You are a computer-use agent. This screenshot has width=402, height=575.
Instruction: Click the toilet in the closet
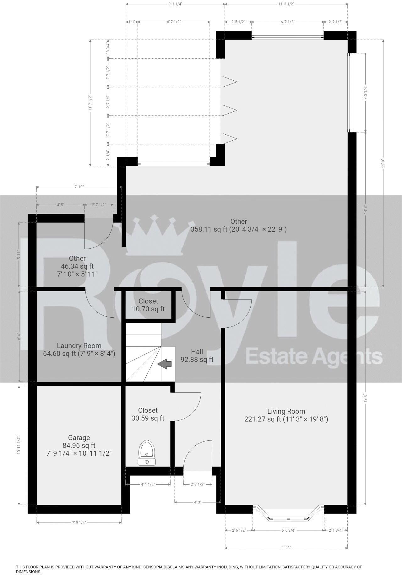[x=147, y=453]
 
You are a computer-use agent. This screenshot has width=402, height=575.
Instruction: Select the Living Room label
[x=286, y=411]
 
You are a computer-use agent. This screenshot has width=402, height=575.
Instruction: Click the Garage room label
[x=79, y=438]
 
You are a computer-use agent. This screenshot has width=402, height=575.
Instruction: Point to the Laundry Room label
[x=79, y=346]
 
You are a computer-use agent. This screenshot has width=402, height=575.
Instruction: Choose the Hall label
[x=197, y=352]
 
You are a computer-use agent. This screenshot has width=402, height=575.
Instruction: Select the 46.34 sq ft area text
[x=77, y=266]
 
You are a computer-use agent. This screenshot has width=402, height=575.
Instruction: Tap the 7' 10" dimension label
[x=79, y=187]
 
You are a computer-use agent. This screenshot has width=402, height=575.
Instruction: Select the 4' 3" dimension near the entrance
[x=197, y=502]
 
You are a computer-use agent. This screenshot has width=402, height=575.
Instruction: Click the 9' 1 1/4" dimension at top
[x=175, y=4]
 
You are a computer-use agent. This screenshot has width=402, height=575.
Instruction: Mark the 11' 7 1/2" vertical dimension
[x=90, y=103]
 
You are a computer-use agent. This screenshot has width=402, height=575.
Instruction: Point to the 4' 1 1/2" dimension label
[x=148, y=484]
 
